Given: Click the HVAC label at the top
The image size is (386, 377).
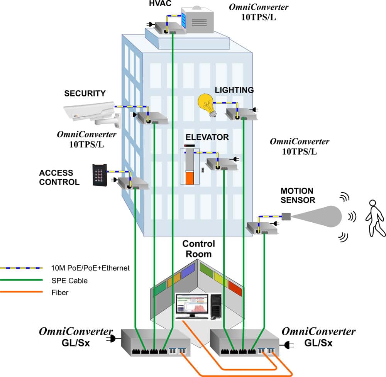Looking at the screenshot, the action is (x=160, y=3).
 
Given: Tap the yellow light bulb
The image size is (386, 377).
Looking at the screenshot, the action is (x=207, y=105).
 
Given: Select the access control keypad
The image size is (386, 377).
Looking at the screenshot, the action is (x=100, y=175).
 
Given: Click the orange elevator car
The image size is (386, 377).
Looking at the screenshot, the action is (x=190, y=178).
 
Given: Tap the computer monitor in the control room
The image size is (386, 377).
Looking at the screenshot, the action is (x=192, y=306).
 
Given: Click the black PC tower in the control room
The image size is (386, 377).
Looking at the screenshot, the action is (x=216, y=306).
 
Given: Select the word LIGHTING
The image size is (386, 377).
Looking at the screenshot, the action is (x=234, y=90).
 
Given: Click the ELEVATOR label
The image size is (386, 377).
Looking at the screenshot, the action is (x=207, y=137).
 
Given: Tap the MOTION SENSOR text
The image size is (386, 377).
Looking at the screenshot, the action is (x=298, y=195).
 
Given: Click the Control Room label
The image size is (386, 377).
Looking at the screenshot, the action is (x=199, y=249).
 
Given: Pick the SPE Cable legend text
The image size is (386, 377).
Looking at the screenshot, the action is (x=69, y=281).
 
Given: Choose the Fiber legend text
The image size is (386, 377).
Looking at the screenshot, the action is (x=60, y=292).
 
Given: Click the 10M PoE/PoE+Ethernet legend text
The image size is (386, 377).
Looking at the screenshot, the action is (x=90, y=268).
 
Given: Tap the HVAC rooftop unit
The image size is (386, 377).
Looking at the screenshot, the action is (x=197, y=20).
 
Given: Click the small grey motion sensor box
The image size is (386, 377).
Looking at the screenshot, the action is (x=286, y=216).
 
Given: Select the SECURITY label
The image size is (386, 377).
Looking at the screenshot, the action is (x=85, y=93).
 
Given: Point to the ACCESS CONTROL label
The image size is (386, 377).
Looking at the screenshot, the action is (x=59, y=178).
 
